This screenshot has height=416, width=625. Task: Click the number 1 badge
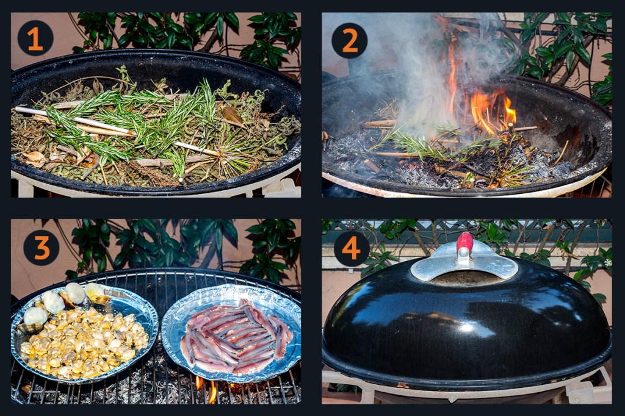click(x=35, y=38)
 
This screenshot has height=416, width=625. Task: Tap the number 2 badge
click(x=350, y=40)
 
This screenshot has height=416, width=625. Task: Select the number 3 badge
click(x=42, y=248)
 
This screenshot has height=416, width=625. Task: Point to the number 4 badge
click(x=352, y=249)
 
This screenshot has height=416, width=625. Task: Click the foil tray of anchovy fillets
click(x=232, y=333)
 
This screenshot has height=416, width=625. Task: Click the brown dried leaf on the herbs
click(x=233, y=115)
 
